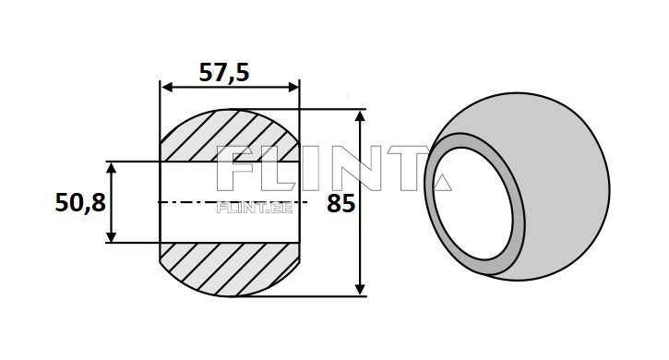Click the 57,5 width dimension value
(x=224, y=72)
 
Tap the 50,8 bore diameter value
(x=80, y=202)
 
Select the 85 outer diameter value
(x=340, y=203)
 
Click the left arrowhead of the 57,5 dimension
(x=167, y=88)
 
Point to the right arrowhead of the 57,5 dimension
(x=293, y=88)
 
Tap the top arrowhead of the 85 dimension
(x=361, y=116)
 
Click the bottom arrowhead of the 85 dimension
(x=361, y=289)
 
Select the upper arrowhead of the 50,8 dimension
(x=112, y=168)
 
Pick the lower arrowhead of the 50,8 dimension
(x=112, y=236)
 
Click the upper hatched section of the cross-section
(x=230, y=137)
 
